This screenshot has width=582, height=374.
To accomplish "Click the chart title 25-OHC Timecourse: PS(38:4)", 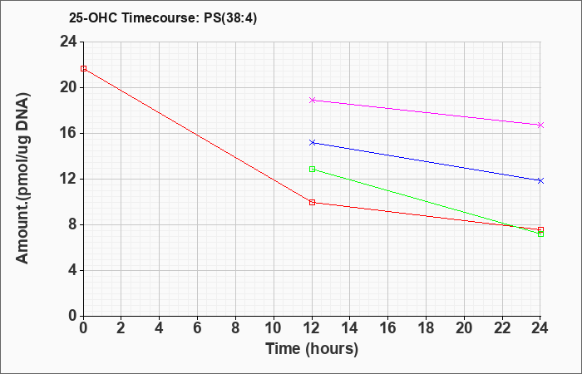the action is pyautogui.click(x=163, y=18).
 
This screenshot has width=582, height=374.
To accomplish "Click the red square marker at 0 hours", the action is pyautogui.click(x=83, y=69).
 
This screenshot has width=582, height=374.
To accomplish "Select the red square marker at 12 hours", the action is pyautogui.click(x=312, y=202).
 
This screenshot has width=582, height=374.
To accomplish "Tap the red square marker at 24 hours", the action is pyautogui.click(x=540, y=229).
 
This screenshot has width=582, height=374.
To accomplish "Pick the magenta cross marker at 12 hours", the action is pyautogui.click(x=312, y=101).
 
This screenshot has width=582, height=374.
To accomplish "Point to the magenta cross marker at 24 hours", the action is pyautogui.click(x=540, y=125).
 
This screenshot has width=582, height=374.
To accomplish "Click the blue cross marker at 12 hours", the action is pyautogui.click(x=312, y=142).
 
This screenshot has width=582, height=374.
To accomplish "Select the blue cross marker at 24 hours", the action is pyautogui.click(x=540, y=180).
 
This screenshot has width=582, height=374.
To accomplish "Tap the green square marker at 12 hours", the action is pyautogui.click(x=312, y=170).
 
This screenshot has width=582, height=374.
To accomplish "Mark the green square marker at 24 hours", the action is pyautogui.click(x=540, y=234).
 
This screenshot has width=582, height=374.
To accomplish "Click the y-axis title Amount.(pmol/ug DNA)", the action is pyautogui.click(x=22, y=179).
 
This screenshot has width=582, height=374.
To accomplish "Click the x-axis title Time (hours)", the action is pyautogui.click(x=312, y=349).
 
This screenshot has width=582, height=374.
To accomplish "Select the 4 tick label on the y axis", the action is pyautogui.click(x=73, y=270).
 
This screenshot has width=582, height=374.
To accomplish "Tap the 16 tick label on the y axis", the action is pyautogui.click(x=69, y=133).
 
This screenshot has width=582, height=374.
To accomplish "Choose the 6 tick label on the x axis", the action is pyautogui.click(x=198, y=328).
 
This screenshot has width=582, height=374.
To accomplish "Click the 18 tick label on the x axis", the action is pyautogui.click(x=426, y=328).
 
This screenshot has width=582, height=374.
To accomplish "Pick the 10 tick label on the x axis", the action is pyautogui.click(x=274, y=328).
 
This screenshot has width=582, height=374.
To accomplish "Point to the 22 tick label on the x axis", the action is pyautogui.click(x=502, y=328).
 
